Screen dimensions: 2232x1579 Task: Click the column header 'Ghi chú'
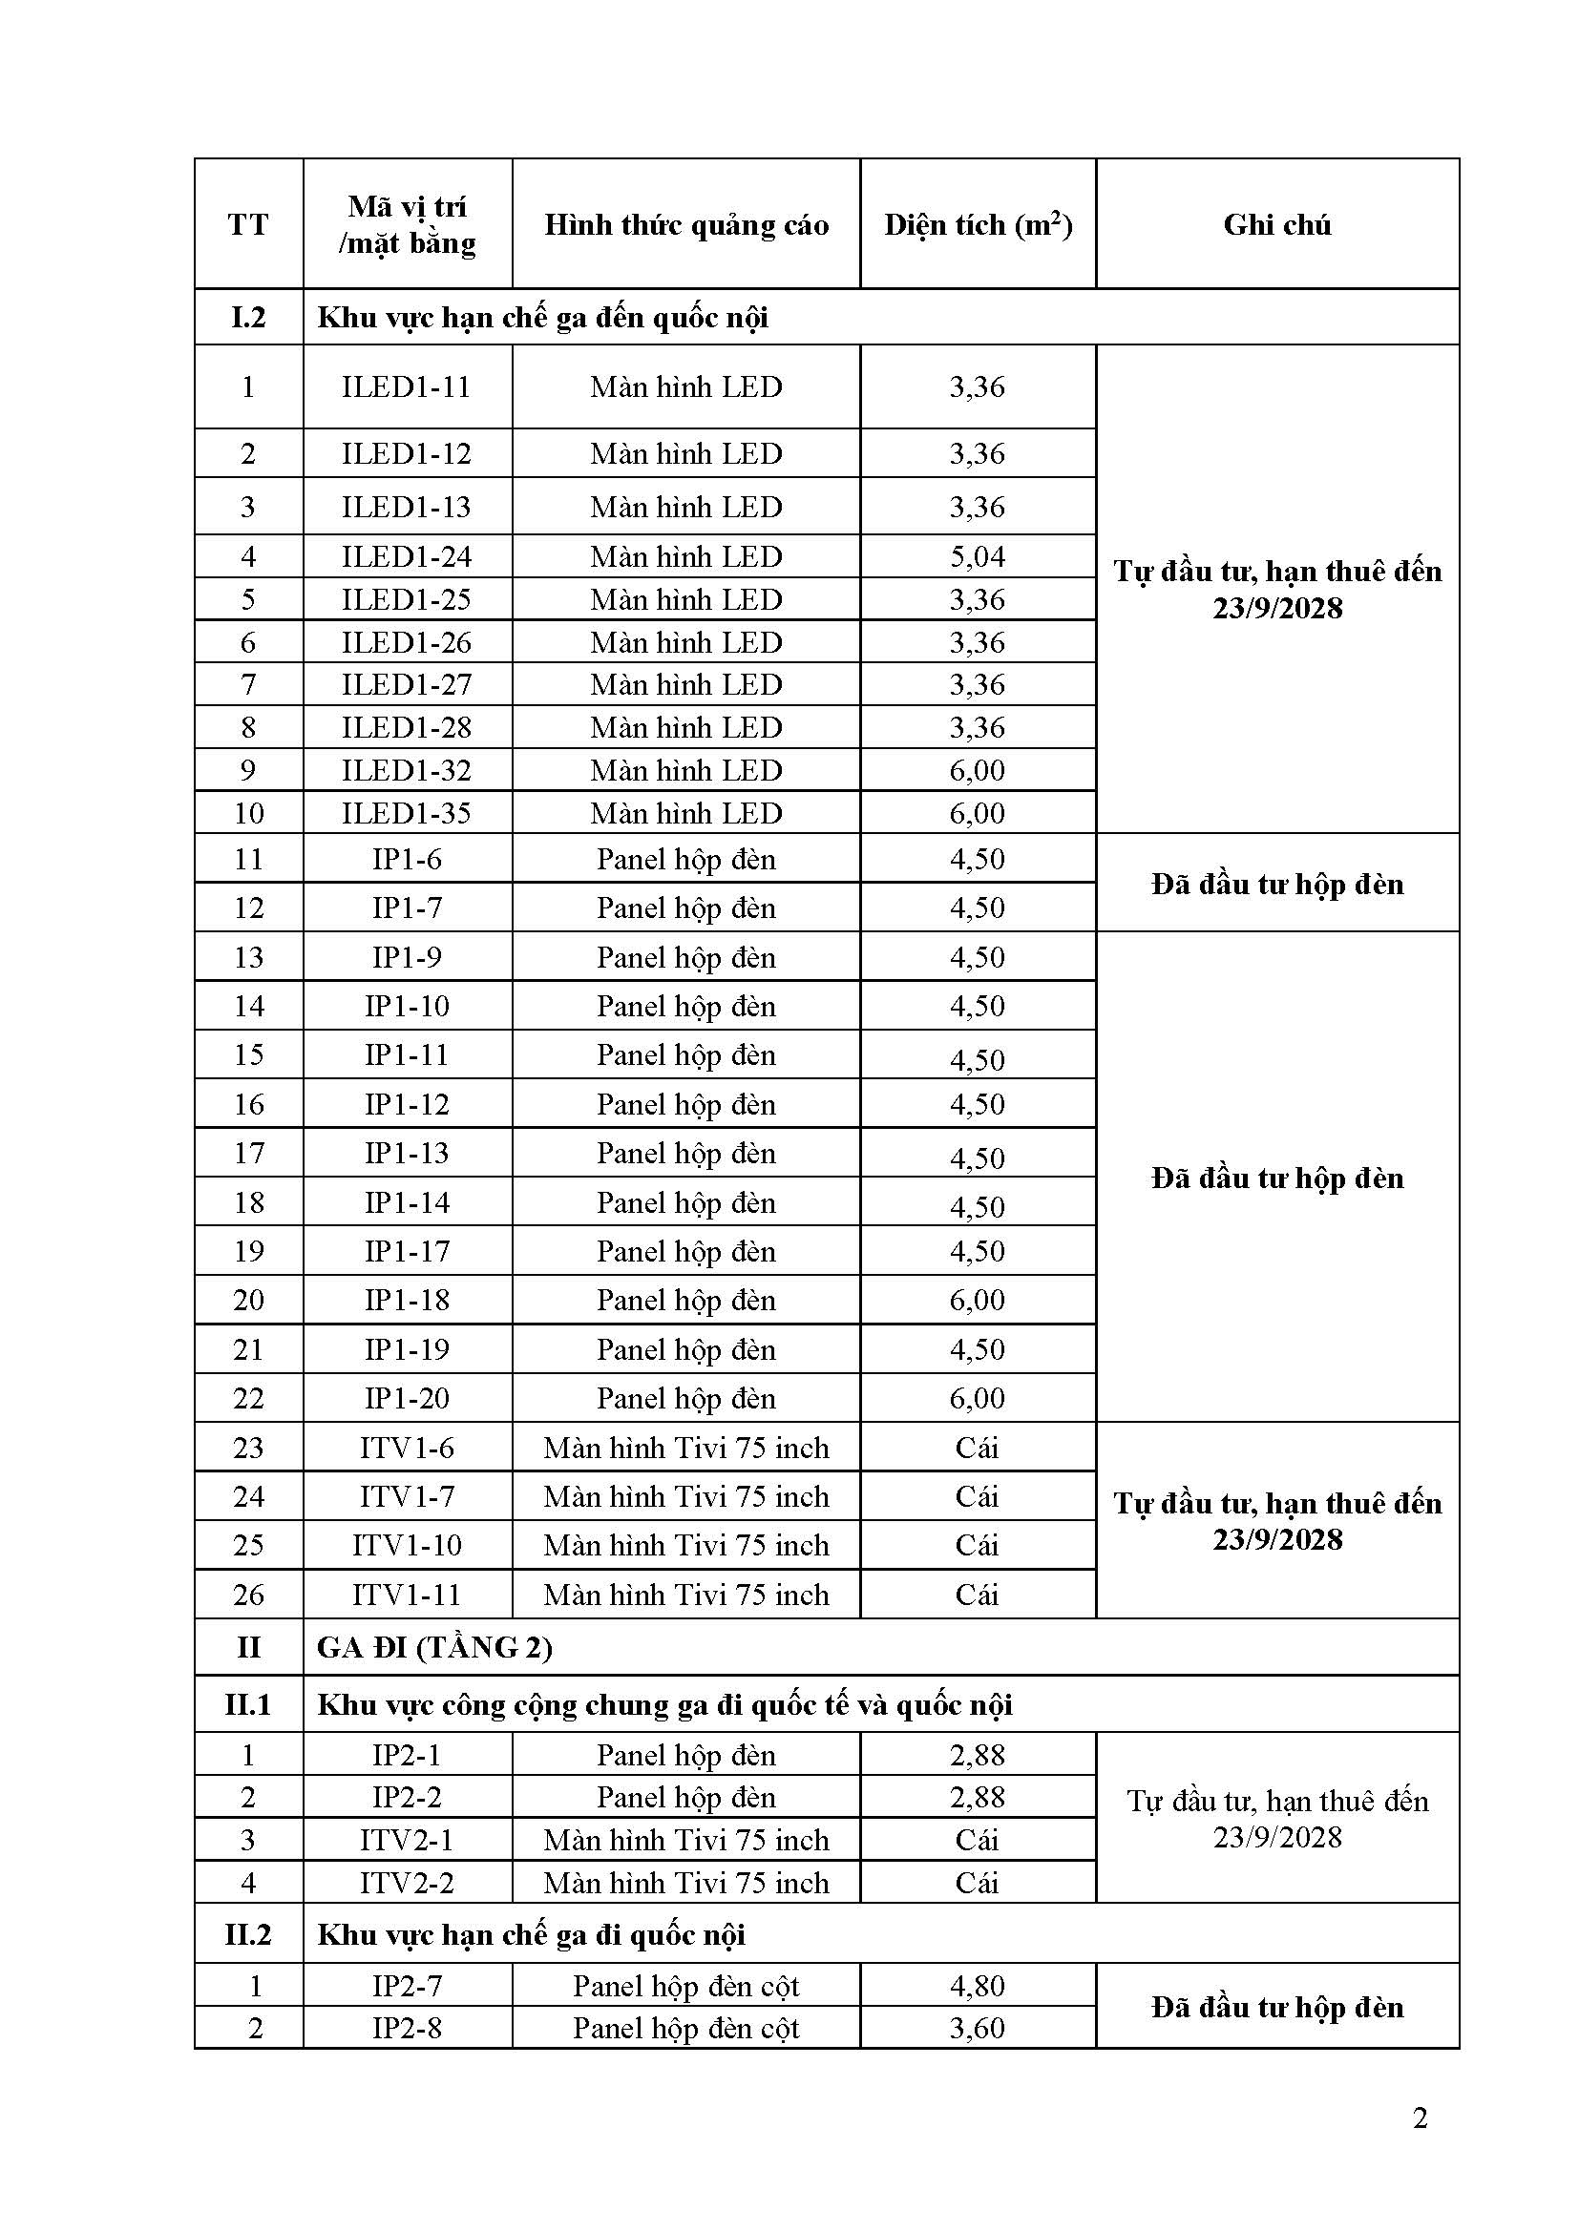(x=1276, y=224)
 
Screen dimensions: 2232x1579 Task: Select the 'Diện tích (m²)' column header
(x=978, y=224)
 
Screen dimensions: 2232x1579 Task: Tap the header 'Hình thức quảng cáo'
(x=685, y=224)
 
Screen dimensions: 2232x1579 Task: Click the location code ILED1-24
(x=407, y=557)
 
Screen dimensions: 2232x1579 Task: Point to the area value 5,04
(x=978, y=557)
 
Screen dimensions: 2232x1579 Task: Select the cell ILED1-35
(x=407, y=813)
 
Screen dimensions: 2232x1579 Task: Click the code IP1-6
(x=407, y=860)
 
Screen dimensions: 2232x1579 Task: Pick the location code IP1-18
(x=407, y=1300)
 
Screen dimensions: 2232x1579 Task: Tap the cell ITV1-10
(x=407, y=1545)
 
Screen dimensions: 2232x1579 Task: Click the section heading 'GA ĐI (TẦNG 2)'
(x=434, y=1647)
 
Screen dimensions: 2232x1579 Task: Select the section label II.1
(x=248, y=1704)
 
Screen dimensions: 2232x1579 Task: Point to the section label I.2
(x=248, y=318)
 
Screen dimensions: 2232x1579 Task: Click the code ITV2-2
(x=407, y=1883)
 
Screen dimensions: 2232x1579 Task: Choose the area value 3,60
(x=978, y=2028)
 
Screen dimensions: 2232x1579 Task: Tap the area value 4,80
(x=978, y=1985)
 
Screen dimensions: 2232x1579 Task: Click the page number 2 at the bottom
(x=1420, y=2118)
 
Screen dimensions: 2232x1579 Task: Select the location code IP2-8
(x=407, y=2028)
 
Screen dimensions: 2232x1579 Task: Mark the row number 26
(x=248, y=1595)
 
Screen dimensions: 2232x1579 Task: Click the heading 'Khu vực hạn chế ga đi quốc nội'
(x=531, y=1934)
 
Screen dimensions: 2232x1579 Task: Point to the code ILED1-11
(x=407, y=386)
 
